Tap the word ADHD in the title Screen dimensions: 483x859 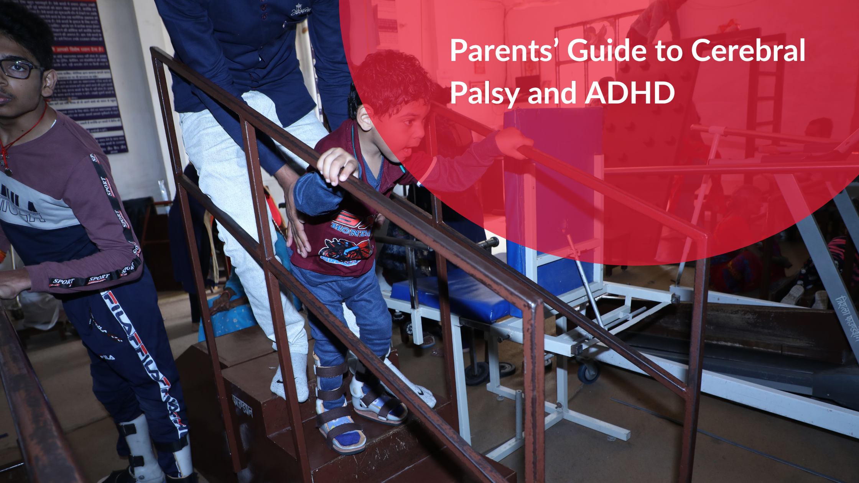click(630, 93)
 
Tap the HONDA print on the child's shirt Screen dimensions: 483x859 click(351, 228)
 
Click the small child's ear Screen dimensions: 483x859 click(365, 117)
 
